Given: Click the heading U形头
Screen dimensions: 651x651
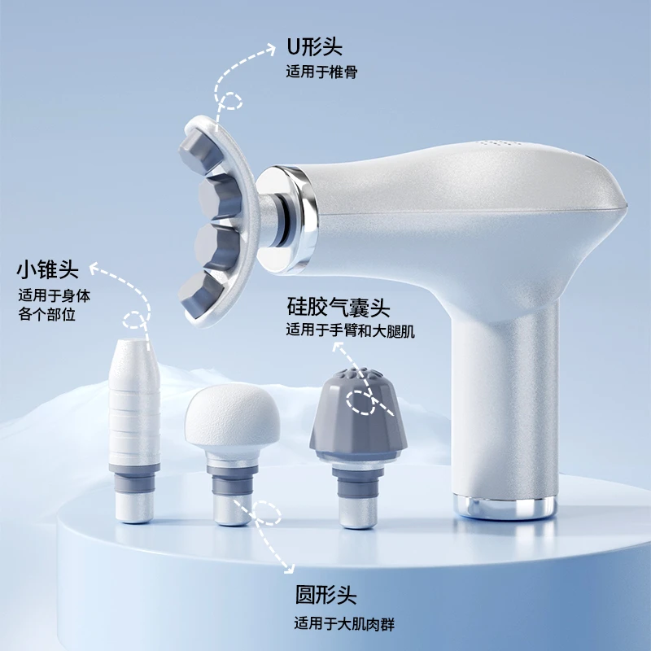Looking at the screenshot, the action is click(x=314, y=46).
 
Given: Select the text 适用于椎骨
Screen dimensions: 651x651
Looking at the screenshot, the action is click(x=321, y=72).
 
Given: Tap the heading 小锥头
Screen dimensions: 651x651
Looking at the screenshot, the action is click(x=48, y=270).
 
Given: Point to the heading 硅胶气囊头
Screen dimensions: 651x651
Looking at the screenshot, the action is click(x=339, y=308).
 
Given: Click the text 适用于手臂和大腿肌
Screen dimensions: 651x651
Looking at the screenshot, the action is click(x=351, y=331).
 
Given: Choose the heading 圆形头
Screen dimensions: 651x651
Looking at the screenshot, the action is click(x=326, y=595).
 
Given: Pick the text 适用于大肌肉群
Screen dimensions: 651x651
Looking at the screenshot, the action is click(x=344, y=624).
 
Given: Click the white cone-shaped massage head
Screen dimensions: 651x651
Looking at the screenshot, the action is click(x=134, y=430).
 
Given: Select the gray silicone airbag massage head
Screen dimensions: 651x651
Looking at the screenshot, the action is click(x=358, y=446).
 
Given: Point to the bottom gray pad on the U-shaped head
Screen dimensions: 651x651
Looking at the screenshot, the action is click(x=199, y=293).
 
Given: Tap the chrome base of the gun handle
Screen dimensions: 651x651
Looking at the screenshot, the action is click(x=505, y=506).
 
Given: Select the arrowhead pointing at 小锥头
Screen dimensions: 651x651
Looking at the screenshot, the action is click(x=96, y=269).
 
